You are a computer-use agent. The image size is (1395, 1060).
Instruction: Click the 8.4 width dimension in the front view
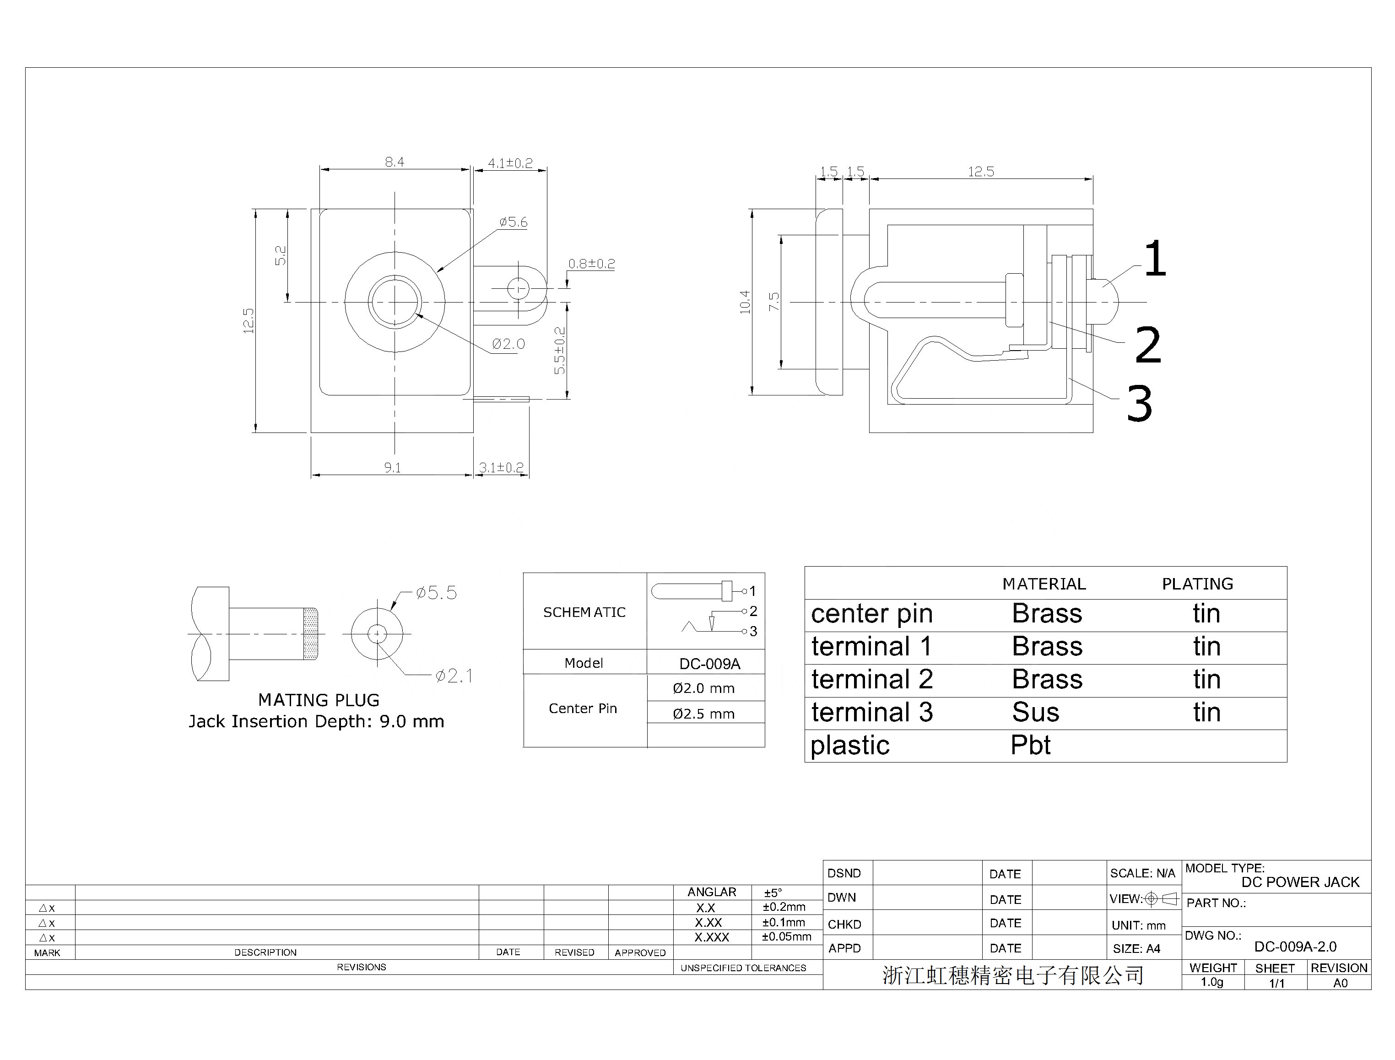[395, 162]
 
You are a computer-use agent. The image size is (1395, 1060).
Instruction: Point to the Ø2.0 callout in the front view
[508, 344]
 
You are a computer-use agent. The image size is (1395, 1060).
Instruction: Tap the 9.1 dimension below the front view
[392, 468]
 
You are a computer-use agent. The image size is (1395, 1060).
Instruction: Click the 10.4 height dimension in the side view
[745, 302]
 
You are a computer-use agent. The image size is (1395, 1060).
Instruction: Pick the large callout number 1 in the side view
[1155, 259]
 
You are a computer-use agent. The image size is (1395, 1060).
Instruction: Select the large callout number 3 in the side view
[1140, 403]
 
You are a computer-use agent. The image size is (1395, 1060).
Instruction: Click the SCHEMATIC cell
[584, 612]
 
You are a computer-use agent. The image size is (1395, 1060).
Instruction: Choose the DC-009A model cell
[710, 664]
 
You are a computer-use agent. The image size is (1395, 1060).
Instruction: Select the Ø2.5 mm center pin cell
[703, 714]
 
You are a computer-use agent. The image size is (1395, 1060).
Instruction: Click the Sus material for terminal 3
[1035, 712]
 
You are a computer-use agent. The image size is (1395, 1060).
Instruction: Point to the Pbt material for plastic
[1030, 745]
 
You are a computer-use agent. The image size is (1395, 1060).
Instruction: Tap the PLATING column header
[1198, 584]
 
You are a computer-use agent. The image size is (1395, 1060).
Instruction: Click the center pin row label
[871, 614]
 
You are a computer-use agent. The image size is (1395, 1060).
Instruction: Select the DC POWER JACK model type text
[1300, 882]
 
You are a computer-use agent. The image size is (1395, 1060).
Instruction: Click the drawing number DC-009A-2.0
[1295, 946]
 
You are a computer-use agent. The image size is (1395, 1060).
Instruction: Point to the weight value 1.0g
[1212, 982]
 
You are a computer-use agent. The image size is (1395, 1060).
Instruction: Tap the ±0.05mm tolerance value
[786, 936]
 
